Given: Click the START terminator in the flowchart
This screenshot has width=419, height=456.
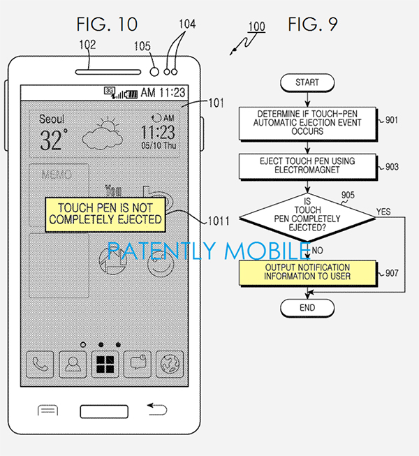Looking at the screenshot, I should click(x=307, y=82).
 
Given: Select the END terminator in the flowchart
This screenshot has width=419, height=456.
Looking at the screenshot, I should click(x=307, y=307).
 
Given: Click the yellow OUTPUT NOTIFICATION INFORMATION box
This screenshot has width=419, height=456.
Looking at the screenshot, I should click(x=307, y=272).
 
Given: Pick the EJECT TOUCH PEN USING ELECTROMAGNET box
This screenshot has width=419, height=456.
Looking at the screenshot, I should click(x=307, y=166).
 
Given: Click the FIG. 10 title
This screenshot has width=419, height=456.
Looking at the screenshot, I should click(x=107, y=24).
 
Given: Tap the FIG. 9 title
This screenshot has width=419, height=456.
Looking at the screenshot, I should click(x=311, y=24).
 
